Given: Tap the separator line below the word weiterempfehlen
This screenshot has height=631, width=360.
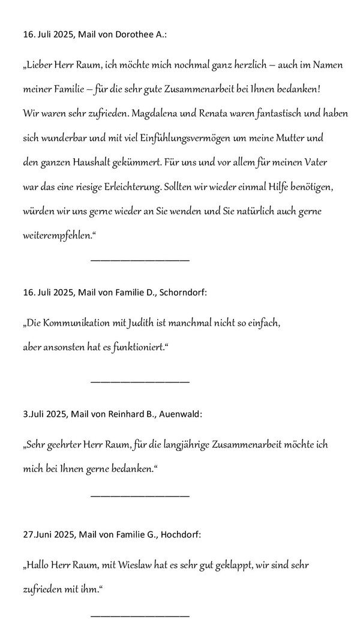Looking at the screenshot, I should coord(140,260).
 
